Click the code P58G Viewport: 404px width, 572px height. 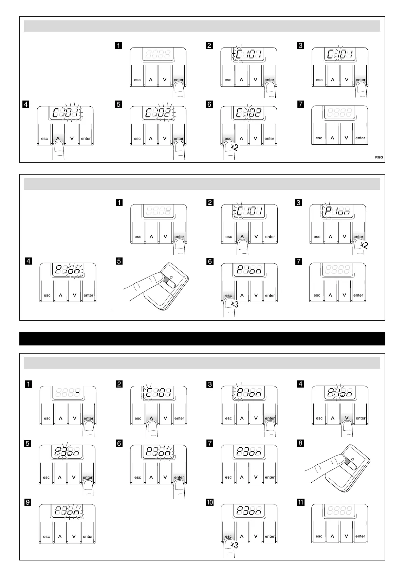coord(379,158)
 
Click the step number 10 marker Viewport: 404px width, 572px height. coord(210,502)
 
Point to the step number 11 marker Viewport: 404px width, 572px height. coord(301,502)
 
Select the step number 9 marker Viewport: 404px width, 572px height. coord(28,502)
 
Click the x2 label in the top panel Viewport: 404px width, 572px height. coord(234,147)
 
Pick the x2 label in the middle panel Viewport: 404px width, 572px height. coord(363,245)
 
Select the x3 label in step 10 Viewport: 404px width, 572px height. coord(234,545)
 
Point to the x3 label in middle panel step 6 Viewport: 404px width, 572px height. coord(234,304)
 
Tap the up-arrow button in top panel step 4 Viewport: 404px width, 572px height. coord(58,139)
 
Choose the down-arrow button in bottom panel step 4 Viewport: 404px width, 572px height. coord(347,418)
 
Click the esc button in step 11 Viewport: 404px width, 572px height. coord(319,536)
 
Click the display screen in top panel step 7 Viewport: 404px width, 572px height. coord(339,112)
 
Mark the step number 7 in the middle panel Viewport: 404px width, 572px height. coord(299,261)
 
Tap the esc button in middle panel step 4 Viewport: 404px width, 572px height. coord(47,295)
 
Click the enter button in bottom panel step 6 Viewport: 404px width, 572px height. coord(179,477)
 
